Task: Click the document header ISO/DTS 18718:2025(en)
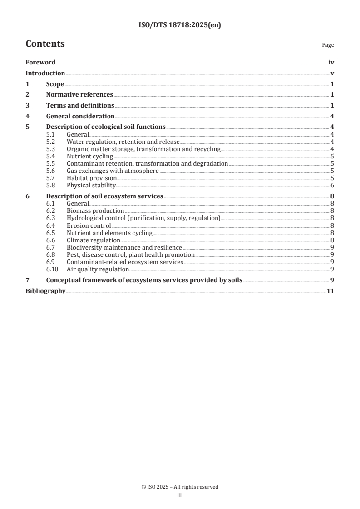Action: coord(180,25)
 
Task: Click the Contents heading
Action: coord(45,44)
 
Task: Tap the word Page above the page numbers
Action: coord(328,45)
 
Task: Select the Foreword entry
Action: coord(40,63)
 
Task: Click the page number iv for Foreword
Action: coord(331,63)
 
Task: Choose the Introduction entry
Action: coord(45,73)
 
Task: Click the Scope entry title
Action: coord(55,84)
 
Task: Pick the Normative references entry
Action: coord(79,95)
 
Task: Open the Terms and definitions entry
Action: coord(80,105)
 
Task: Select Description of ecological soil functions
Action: coord(106,127)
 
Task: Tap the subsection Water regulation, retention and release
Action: coord(123,142)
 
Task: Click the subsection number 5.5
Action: coord(51,163)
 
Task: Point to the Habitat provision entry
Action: coord(92,178)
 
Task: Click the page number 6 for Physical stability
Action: coord(333,186)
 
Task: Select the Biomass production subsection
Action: coord(95,211)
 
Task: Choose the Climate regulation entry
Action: coord(94,240)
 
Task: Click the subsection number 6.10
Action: coord(53,269)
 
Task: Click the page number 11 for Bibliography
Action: coord(330,291)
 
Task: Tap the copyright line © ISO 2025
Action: coord(180,487)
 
